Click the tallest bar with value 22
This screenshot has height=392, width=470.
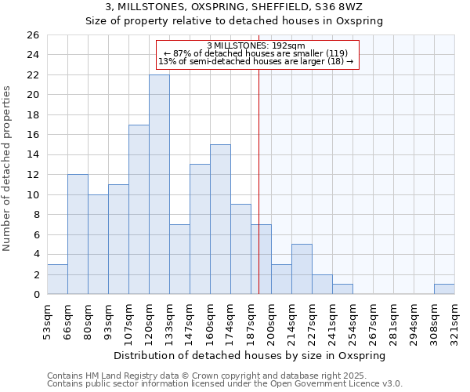[159, 184]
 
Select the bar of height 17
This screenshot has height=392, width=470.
[139, 209]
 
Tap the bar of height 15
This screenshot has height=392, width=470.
[220, 220]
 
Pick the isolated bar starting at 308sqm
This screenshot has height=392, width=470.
[444, 289]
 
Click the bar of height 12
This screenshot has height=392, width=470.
[78, 234]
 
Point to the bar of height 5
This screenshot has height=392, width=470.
[302, 269]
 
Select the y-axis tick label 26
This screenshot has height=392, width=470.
[32, 35]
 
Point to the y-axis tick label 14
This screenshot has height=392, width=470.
[32, 155]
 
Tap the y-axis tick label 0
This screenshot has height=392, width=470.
[35, 295]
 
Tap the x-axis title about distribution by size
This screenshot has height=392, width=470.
[250, 356]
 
